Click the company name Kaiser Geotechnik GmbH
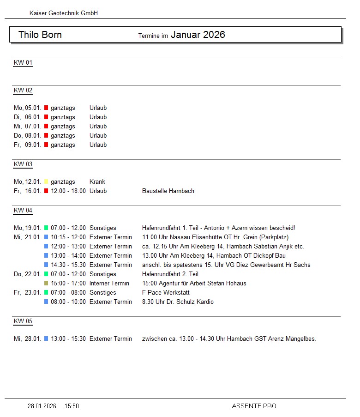[x=63, y=13]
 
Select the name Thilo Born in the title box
[x=40, y=35]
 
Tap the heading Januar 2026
[x=198, y=35]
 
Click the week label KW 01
[x=23, y=63]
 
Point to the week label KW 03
[x=23, y=164]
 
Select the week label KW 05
[x=23, y=321]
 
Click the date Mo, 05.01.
[x=28, y=108]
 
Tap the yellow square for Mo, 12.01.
[x=46, y=182]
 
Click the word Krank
[x=97, y=182]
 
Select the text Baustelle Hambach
[x=168, y=191]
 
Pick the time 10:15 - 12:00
[x=68, y=237]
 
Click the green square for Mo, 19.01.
[x=46, y=228]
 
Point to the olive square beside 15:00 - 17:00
[x=46, y=284]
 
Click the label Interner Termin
[x=109, y=284]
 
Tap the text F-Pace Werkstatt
[x=166, y=293]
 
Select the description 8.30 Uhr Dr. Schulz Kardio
[x=178, y=302]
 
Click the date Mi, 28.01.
[x=28, y=339]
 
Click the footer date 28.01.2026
[x=42, y=406]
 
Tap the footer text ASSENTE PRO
[x=254, y=406]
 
